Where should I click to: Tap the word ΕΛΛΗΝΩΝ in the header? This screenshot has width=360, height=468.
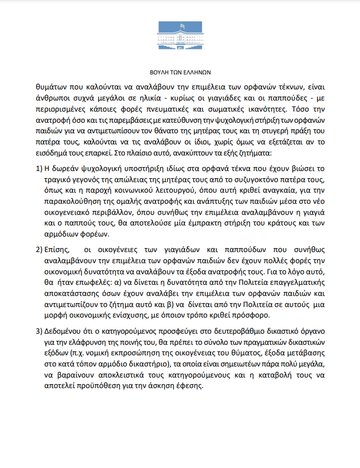click(x=197, y=72)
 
